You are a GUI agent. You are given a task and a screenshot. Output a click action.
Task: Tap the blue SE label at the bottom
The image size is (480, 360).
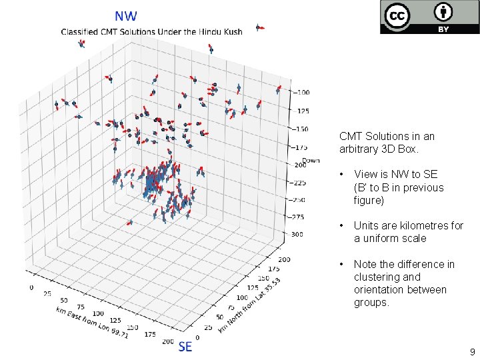click(x=185, y=346)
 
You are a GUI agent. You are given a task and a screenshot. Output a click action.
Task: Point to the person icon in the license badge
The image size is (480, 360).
click(x=443, y=12)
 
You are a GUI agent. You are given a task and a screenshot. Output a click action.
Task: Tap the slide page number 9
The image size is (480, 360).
click(x=472, y=351)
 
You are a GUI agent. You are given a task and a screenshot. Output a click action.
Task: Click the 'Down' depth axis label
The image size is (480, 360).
click(x=311, y=160)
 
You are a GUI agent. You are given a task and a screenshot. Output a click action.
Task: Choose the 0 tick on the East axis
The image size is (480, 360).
click(x=31, y=287)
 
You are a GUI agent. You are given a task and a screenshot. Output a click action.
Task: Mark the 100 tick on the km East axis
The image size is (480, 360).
click(x=99, y=313)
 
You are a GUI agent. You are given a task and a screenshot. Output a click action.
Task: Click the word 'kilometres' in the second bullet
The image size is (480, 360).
click(x=419, y=225)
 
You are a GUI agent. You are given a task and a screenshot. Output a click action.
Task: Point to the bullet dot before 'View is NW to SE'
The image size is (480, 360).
click(x=342, y=175)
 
